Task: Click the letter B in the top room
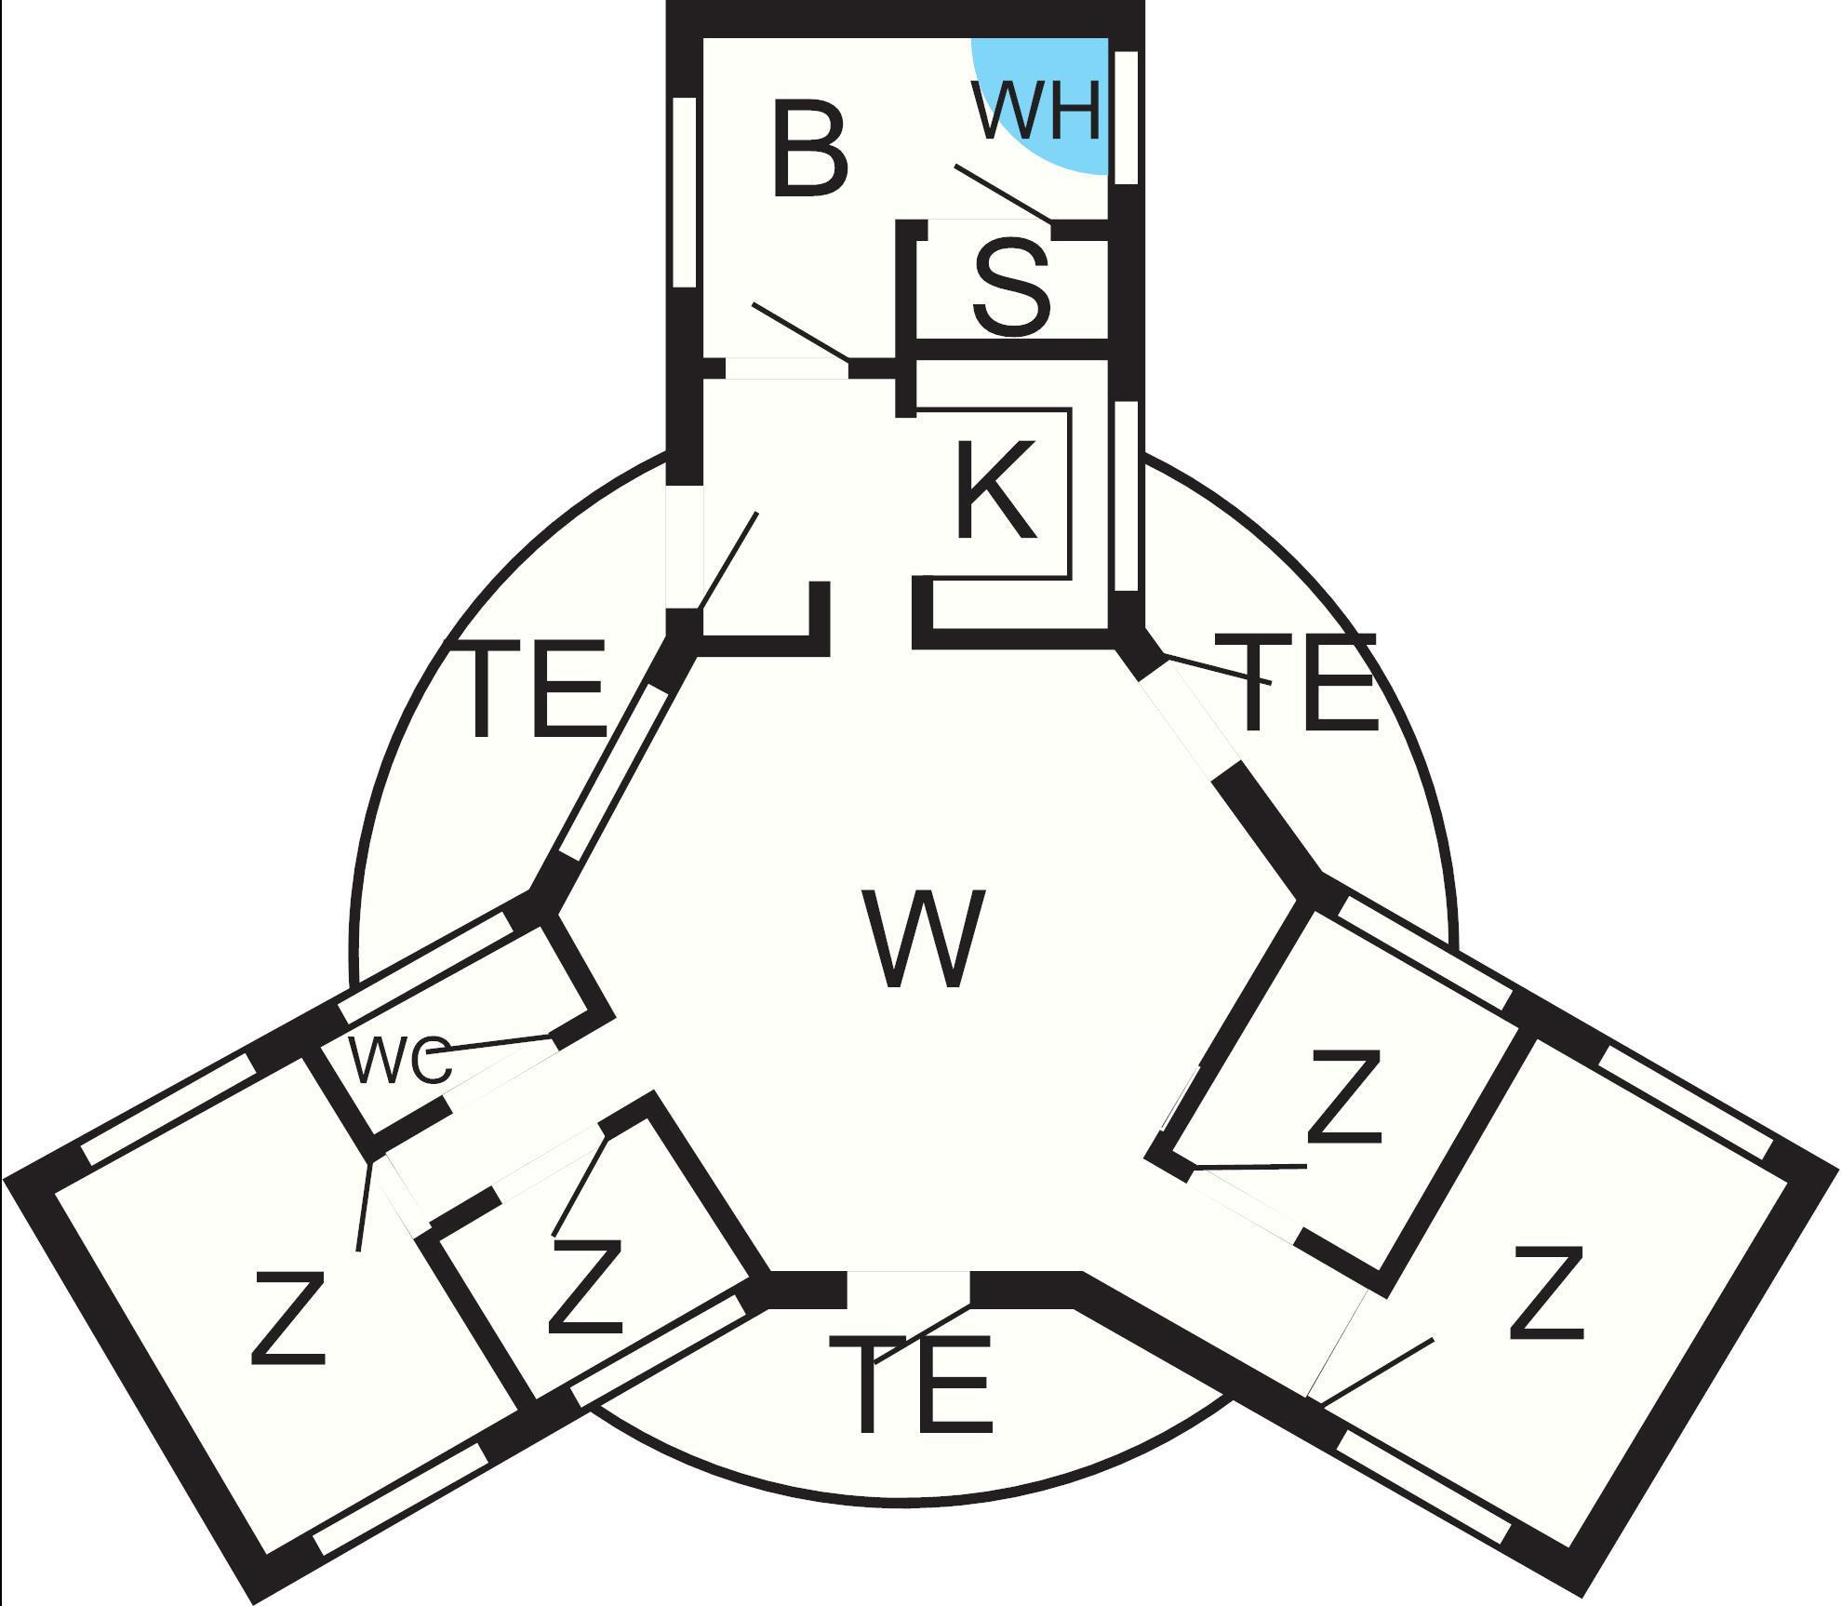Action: point(809,151)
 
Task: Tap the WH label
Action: point(1035,110)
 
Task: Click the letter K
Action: point(995,490)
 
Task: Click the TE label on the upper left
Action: point(534,689)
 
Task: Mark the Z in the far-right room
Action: point(1545,1294)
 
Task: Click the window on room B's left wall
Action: point(684,192)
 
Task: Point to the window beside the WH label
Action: point(1126,117)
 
